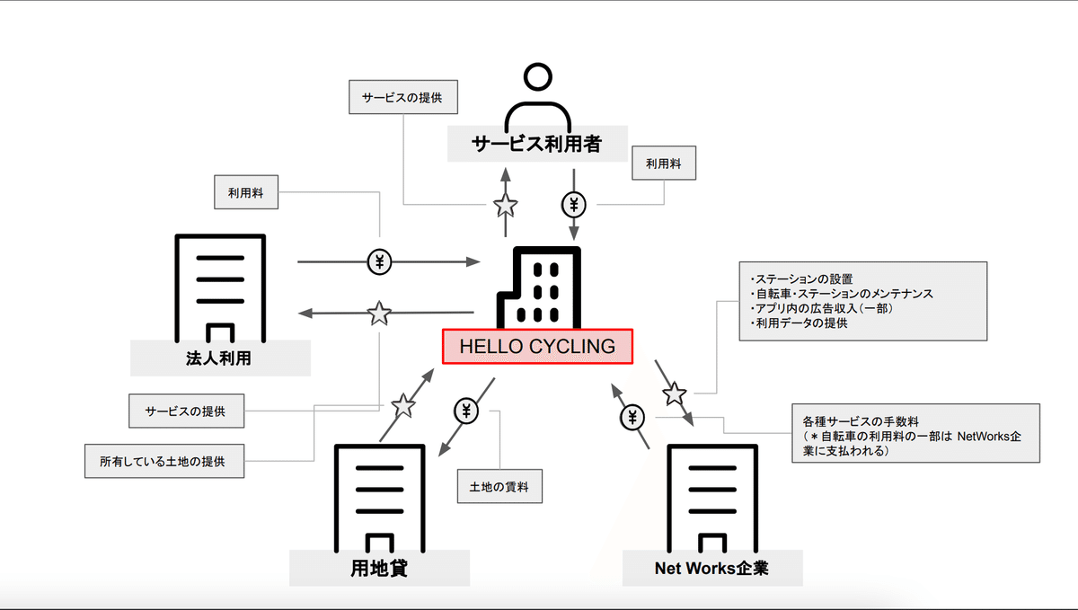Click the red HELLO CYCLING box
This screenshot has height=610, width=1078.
(537, 347)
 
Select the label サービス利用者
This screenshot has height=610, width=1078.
(537, 144)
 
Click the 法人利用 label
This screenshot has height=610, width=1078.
(219, 358)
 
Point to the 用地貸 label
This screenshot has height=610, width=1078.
(379, 568)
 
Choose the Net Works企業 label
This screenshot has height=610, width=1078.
(711, 568)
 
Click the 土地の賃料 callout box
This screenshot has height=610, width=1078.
(499, 486)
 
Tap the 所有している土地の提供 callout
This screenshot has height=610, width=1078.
(164, 461)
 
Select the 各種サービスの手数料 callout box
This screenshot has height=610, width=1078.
(915, 433)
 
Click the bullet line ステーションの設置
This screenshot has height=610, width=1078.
(801, 279)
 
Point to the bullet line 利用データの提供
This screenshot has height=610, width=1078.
(799, 323)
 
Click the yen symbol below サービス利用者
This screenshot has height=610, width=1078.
(574, 205)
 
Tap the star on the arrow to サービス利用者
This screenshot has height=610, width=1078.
(505, 206)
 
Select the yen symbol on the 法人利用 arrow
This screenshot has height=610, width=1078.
(379, 262)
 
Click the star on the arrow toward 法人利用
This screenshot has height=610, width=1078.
(379, 314)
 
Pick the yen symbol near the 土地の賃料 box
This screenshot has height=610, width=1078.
(466, 411)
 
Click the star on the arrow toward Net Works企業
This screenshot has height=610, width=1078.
(675, 393)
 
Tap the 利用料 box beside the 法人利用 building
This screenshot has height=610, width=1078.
(246, 192)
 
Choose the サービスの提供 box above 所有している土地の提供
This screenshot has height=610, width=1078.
(186, 411)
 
